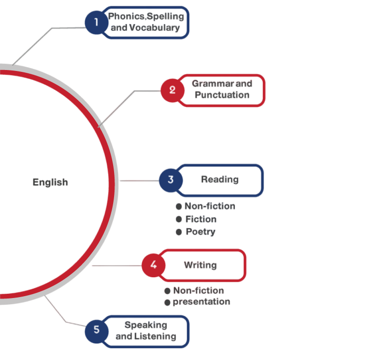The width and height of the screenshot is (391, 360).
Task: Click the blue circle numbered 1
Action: point(97,22)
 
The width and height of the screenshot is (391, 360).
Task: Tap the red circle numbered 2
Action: point(172,90)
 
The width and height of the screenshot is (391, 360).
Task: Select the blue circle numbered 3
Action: point(171,180)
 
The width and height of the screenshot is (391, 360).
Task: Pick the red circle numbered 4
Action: point(154,265)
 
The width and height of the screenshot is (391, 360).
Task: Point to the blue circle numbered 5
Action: point(97,329)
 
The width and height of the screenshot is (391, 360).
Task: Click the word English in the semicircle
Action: point(50,182)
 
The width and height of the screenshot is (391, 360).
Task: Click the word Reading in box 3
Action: point(220,179)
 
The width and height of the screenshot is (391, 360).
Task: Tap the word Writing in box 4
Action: point(200,265)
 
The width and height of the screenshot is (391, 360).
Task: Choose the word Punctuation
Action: point(222,95)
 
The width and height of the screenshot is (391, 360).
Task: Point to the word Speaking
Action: point(146,325)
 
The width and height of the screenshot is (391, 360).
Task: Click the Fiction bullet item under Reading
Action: point(201,220)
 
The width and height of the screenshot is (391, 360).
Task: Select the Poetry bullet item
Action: point(200,232)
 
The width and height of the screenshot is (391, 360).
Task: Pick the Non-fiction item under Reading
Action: point(209,206)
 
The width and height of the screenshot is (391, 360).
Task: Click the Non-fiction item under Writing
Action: point(198,290)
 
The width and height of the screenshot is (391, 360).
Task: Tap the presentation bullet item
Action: point(201,302)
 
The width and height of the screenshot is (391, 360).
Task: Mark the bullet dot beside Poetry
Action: point(178,232)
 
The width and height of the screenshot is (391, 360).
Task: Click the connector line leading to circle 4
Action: point(116,266)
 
